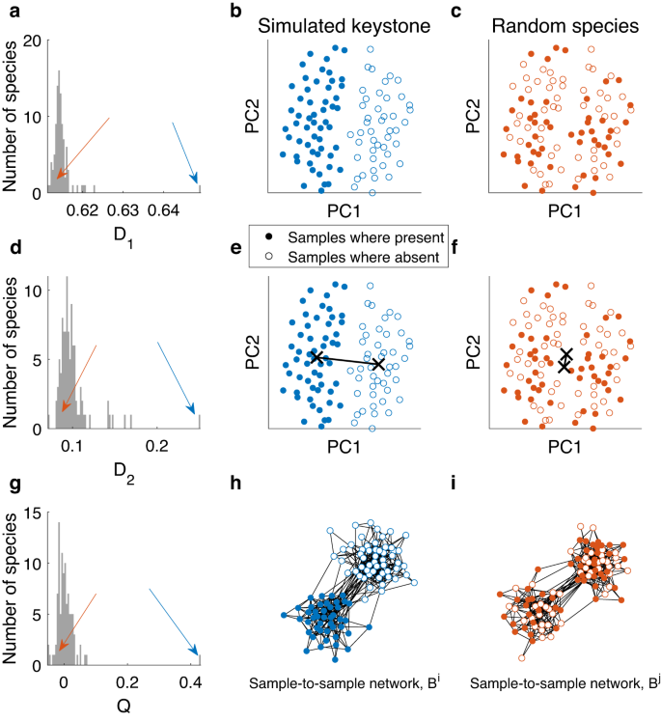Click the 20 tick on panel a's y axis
33,42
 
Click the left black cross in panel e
317,357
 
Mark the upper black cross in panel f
566,354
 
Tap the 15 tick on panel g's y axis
33,513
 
